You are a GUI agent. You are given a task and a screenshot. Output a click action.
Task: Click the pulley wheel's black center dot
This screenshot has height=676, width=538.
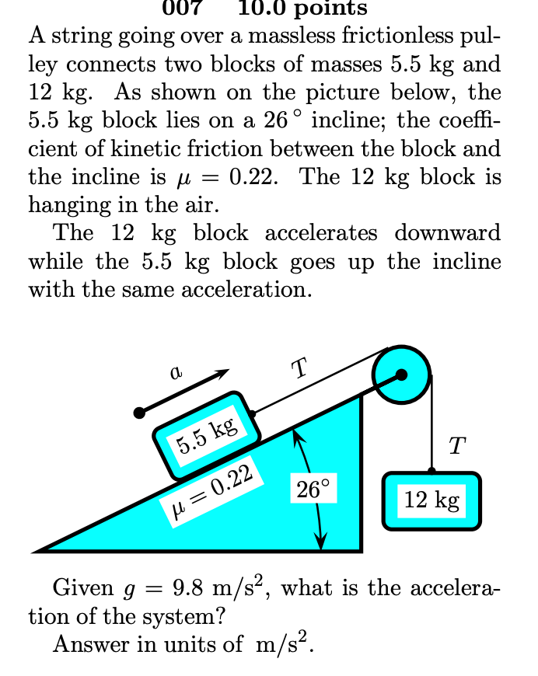401,375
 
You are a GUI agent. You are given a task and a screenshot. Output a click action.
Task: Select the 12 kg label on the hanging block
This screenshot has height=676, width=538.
431,500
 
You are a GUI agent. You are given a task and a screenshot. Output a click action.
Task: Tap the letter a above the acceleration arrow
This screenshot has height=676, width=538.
176,373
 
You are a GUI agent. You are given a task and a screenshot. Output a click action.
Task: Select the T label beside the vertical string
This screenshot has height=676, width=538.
458,446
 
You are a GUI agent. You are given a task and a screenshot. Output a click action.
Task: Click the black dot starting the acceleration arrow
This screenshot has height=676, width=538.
138,412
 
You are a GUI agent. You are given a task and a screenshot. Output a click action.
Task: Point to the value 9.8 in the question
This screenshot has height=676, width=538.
187,588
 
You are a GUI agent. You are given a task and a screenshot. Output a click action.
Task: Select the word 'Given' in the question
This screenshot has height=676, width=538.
82,588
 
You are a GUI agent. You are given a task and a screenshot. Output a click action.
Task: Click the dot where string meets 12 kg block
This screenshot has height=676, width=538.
431,471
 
